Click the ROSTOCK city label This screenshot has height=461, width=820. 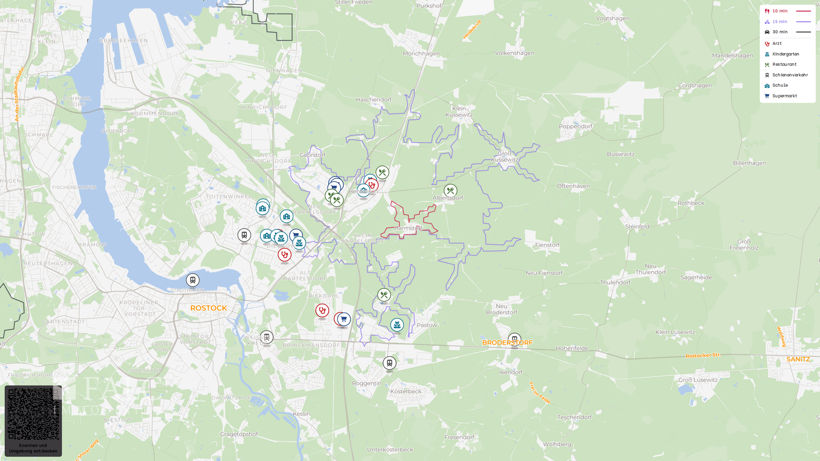coord(208,308)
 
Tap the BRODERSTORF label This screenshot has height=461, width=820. coord(507,343)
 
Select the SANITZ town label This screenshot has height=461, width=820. coord(798,359)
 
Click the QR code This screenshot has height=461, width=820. coord(33,414)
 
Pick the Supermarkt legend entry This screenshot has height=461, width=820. coord(784,96)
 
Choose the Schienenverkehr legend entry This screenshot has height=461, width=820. coord(790,75)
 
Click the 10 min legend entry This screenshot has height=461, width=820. coord(779,11)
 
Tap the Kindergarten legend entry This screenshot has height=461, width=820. coord(785,54)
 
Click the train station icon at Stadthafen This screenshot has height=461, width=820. coord(193,280)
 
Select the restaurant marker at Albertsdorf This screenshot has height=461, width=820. coord(450,190)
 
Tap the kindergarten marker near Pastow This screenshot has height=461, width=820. coord(397,325)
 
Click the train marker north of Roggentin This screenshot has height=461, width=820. coord(389,363)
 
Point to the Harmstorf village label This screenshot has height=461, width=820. coord(408,228)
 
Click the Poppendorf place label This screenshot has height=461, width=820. coord(575,126)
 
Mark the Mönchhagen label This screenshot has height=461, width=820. coord(421,54)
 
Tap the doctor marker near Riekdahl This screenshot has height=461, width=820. coord(322,310)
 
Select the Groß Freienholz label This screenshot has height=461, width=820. coord(744,245)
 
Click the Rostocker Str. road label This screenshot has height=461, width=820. coord(703,355)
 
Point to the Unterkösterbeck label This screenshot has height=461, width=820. coord(390,449)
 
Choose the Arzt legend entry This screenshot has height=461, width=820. coord(776,44)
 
